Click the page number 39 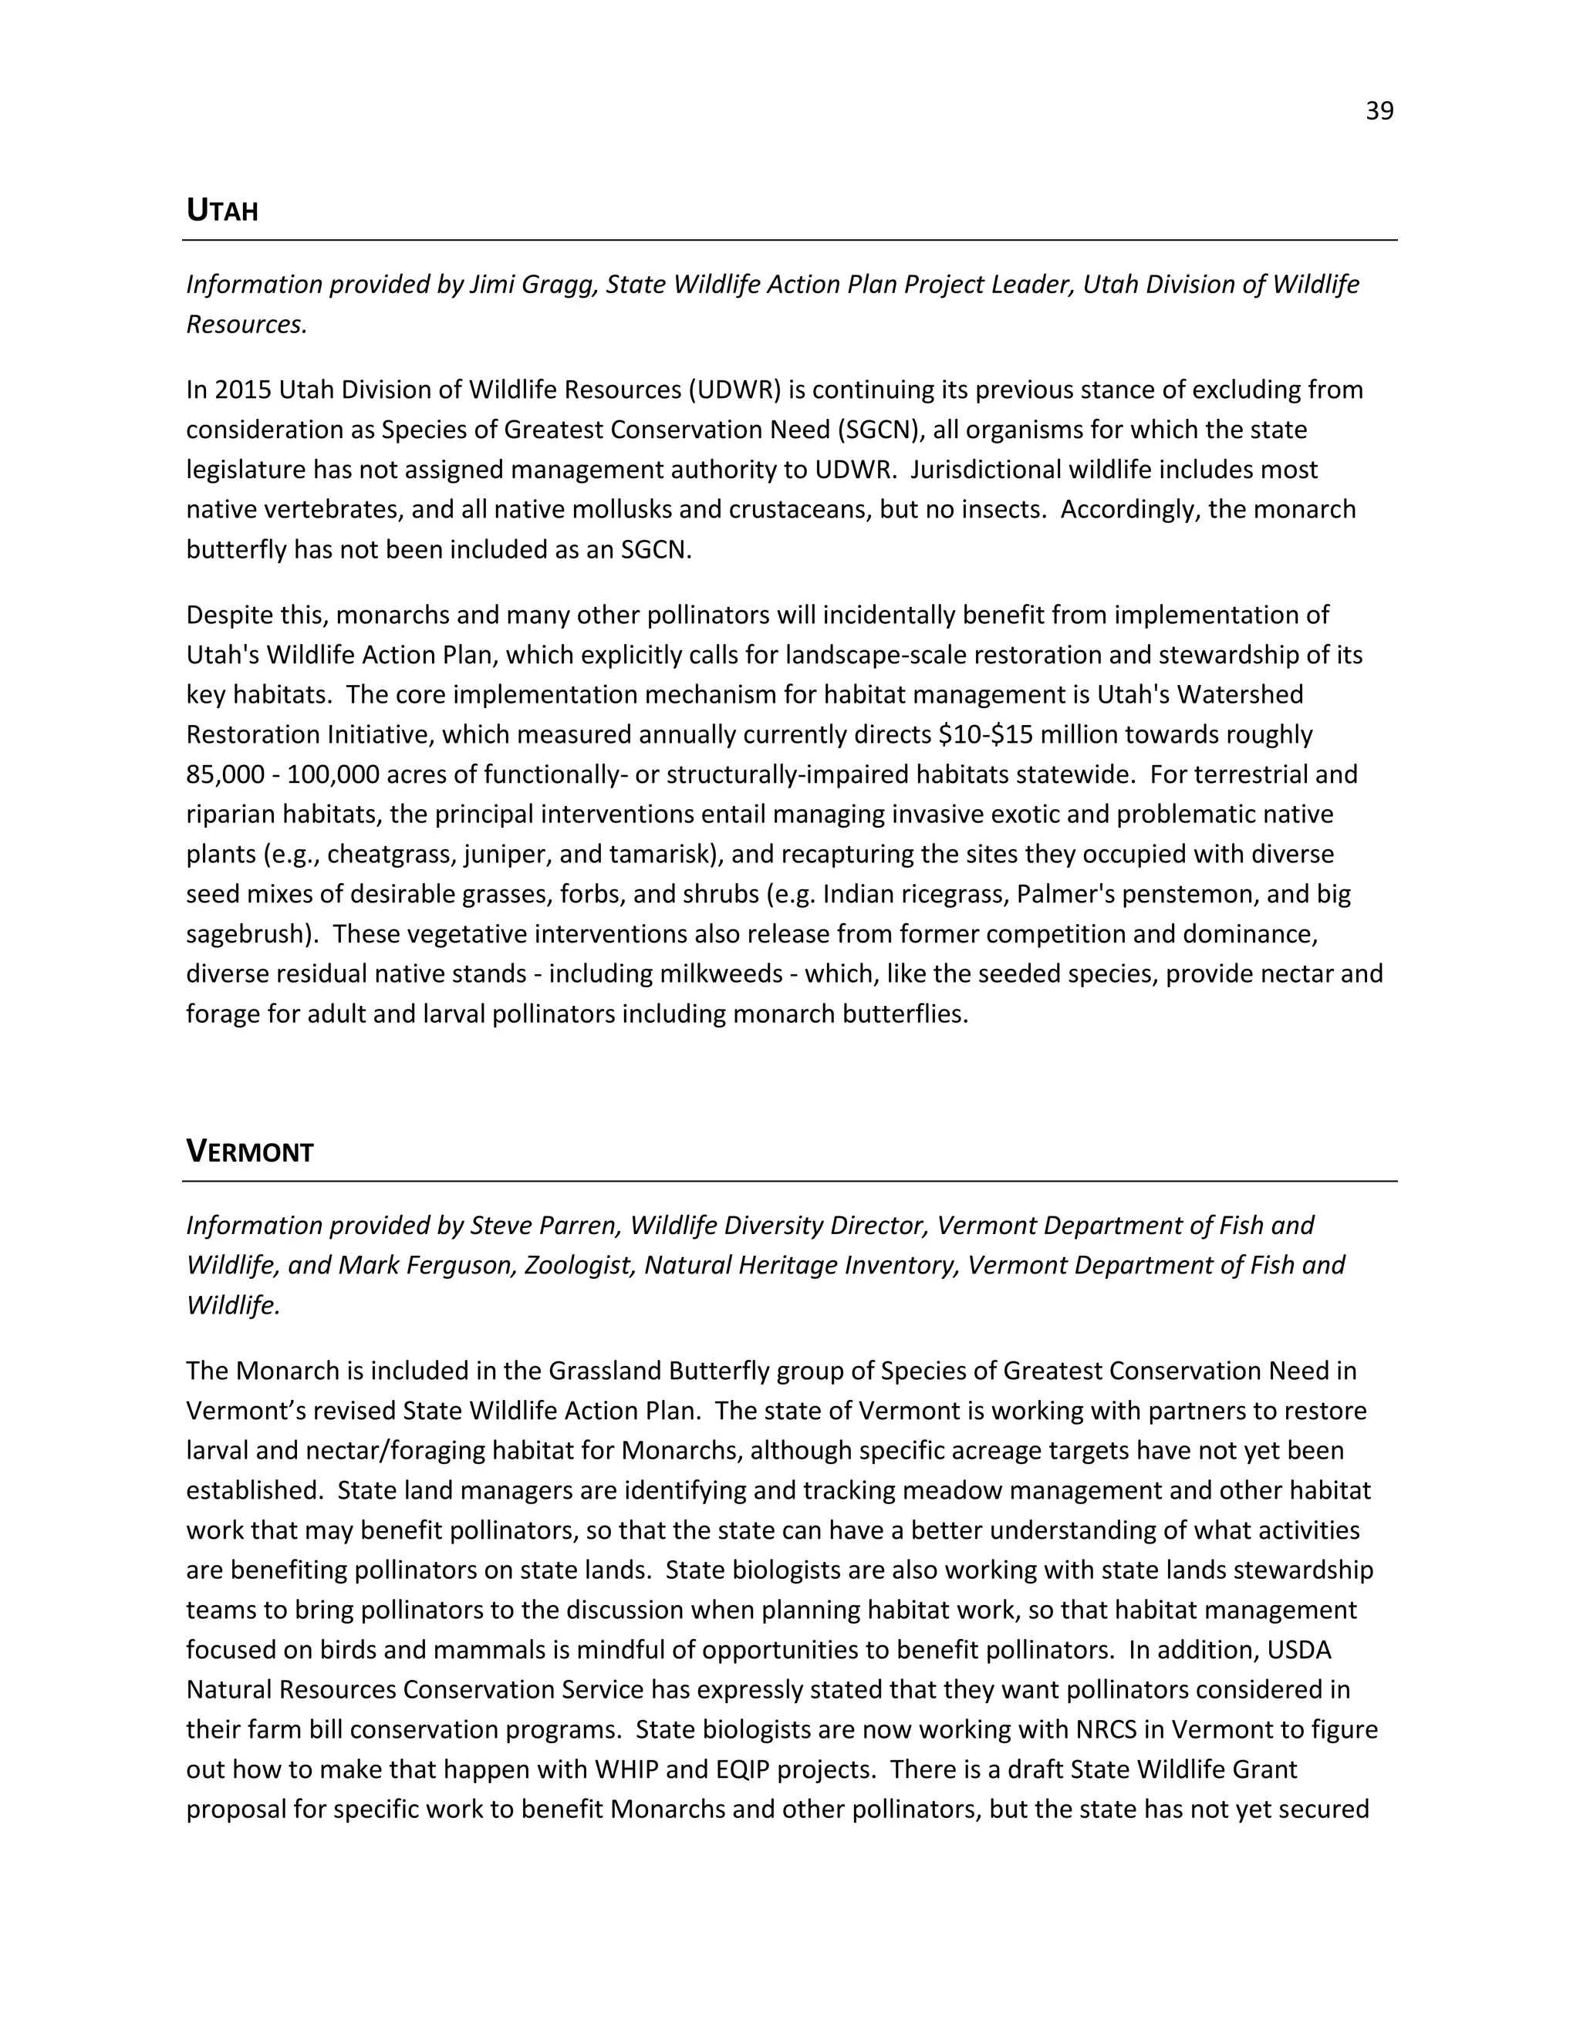coord(1379,111)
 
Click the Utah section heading coord(222,211)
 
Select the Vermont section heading coord(249,1151)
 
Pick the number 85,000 coord(223,775)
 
